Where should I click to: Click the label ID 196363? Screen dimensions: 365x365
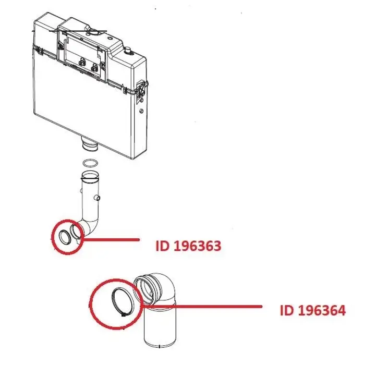point(188,245)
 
